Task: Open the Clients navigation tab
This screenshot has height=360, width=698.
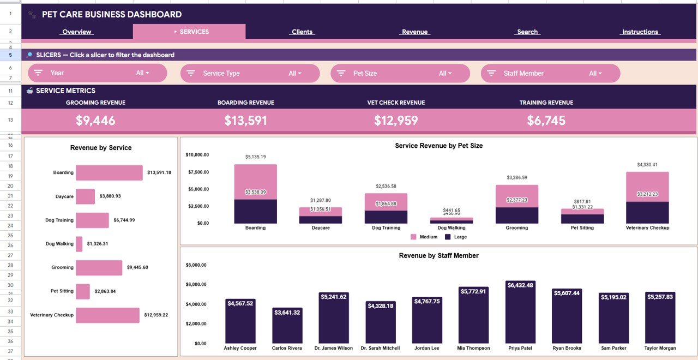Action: pyautogui.click(x=302, y=32)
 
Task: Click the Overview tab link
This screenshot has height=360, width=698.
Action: pyautogui.click(x=76, y=32)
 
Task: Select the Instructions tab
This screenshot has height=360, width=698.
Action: pyautogui.click(x=640, y=32)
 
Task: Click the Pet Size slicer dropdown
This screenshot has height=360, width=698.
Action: pyautogui.click(x=400, y=73)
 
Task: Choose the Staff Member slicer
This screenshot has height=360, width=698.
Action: pyautogui.click(x=550, y=73)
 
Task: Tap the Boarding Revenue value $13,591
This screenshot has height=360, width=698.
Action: pyautogui.click(x=245, y=121)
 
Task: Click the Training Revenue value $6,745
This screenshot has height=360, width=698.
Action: pyautogui.click(x=546, y=121)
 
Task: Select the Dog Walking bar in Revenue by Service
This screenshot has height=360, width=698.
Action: pyautogui.click(x=79, y=244)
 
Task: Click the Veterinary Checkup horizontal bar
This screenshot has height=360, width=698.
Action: pyautogui.click(x=107, y=315)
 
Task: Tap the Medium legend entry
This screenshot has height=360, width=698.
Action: pyautogui.click(x=424, y=237)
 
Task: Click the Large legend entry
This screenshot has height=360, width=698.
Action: pyautogui.click(x=456, y=237)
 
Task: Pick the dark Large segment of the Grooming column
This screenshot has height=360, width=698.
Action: pyautogui.click(x=516, y=215)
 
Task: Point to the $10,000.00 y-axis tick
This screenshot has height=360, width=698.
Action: pyautogui.click(x=197, y=155)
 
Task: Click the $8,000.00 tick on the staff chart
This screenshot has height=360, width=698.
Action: pyautogui.click(x=196, y=265)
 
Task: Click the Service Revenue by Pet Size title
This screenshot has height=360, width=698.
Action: pyautogui.click(x=438, y=146)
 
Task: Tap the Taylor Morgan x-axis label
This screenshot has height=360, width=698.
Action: pyautogui.click(x=660, y=348)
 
